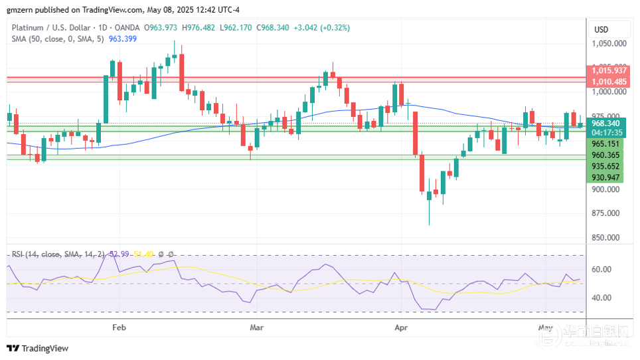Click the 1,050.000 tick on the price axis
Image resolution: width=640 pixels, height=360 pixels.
609,44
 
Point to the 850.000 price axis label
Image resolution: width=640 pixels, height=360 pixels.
609,238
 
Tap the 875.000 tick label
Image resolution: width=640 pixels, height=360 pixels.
609,213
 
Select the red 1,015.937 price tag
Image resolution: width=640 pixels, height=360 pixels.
609,70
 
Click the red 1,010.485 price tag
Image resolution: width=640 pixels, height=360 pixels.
609,82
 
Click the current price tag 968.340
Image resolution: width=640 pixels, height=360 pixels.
605,123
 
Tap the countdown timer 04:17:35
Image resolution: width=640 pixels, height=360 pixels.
605,132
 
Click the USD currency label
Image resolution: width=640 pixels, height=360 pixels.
601,29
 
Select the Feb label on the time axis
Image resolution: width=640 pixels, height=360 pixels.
119,327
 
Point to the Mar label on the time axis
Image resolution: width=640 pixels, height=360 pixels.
257,327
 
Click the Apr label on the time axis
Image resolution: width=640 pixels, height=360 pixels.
401,327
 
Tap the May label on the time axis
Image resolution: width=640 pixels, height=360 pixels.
545,327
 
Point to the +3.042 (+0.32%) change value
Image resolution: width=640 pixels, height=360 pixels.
321,28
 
